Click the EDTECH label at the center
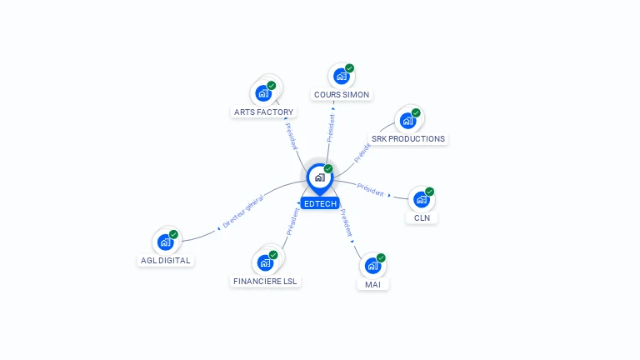point(320,203)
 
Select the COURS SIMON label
point(342,95)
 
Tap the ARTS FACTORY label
point(263,112)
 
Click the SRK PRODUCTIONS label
point(408,139)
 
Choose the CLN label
point(422,218)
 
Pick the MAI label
point(372,284)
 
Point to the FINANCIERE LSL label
point(265,281)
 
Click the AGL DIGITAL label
point(165,260)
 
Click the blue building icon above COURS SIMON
point(341,77)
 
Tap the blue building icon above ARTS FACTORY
point(263,93)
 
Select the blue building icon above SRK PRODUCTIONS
point(407,121)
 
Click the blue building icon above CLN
point(422,200)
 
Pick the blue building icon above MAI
point(372,266)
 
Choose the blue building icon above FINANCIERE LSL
point(265,263)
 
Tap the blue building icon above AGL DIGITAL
point(165,242)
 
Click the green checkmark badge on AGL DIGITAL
point(173,234)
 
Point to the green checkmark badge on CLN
point(429,192)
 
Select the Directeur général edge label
point(243,211)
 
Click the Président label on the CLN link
point(371,189)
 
